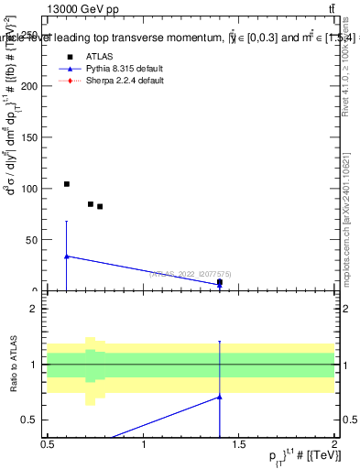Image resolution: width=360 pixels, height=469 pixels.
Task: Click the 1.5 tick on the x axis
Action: click(240, 454)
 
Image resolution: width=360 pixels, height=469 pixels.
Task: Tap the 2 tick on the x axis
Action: click(335, 454)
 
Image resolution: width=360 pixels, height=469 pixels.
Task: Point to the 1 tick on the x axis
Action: click(144, 454)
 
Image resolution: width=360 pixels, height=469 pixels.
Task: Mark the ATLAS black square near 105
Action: click(67, 184)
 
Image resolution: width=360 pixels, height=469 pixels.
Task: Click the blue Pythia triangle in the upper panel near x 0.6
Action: click(67, 256)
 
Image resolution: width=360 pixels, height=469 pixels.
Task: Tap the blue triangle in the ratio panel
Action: click(220, 397)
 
